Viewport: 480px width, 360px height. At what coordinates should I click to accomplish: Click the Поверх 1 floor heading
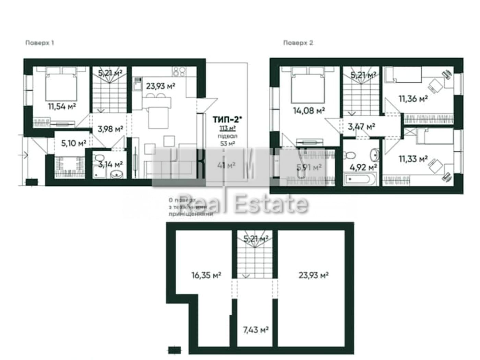pyautogui.click(x=39, y=43)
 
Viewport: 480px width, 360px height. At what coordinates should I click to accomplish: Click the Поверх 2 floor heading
pyautogui.click(x=298, y=43)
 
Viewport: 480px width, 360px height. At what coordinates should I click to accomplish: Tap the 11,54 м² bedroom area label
pyautogui.click(x=62, y=106)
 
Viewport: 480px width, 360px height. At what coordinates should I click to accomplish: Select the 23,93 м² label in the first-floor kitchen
pyautogui.click(x=160, y=86)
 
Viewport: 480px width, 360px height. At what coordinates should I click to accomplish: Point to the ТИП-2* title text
pyautogui.click(x=227, y=119)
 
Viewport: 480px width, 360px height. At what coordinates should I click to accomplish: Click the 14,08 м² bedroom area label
pyautogui.click(x=309, y=111)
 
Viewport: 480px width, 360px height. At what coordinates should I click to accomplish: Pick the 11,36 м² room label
pyautogui.click(x=413, y=99)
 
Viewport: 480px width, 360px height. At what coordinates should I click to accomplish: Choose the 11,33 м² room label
pyautogui.click(x=413, y=159)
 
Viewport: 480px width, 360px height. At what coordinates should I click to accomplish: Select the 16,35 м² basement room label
pyautogui.click(x=206, y=275)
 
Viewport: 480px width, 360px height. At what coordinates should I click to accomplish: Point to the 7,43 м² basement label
pyautogui.click(x=255, y=330)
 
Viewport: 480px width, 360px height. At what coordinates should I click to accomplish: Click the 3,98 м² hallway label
pyautogui.click(x=110, y=129)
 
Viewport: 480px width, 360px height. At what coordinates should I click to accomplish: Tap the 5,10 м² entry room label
pyautogui.click(x=73, y=143)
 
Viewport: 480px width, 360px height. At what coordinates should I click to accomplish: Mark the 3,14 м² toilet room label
pyautogui.click(x=110, y=164)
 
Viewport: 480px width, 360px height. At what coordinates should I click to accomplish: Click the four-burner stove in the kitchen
pyautogui.click(x=179, y=71)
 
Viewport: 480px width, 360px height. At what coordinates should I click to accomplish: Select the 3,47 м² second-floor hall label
pyautogui.click(x=361, y=127)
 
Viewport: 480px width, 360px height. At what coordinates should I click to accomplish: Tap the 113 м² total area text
pyautogui.click(x=227, y=128)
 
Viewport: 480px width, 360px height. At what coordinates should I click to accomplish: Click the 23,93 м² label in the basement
pyautogui.click(x=313, y=275)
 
